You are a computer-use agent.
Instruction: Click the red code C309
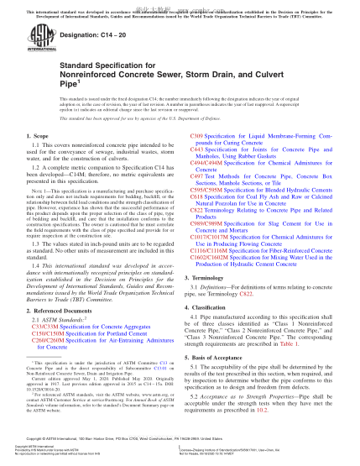pyautogui.click(x=200, y=134)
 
